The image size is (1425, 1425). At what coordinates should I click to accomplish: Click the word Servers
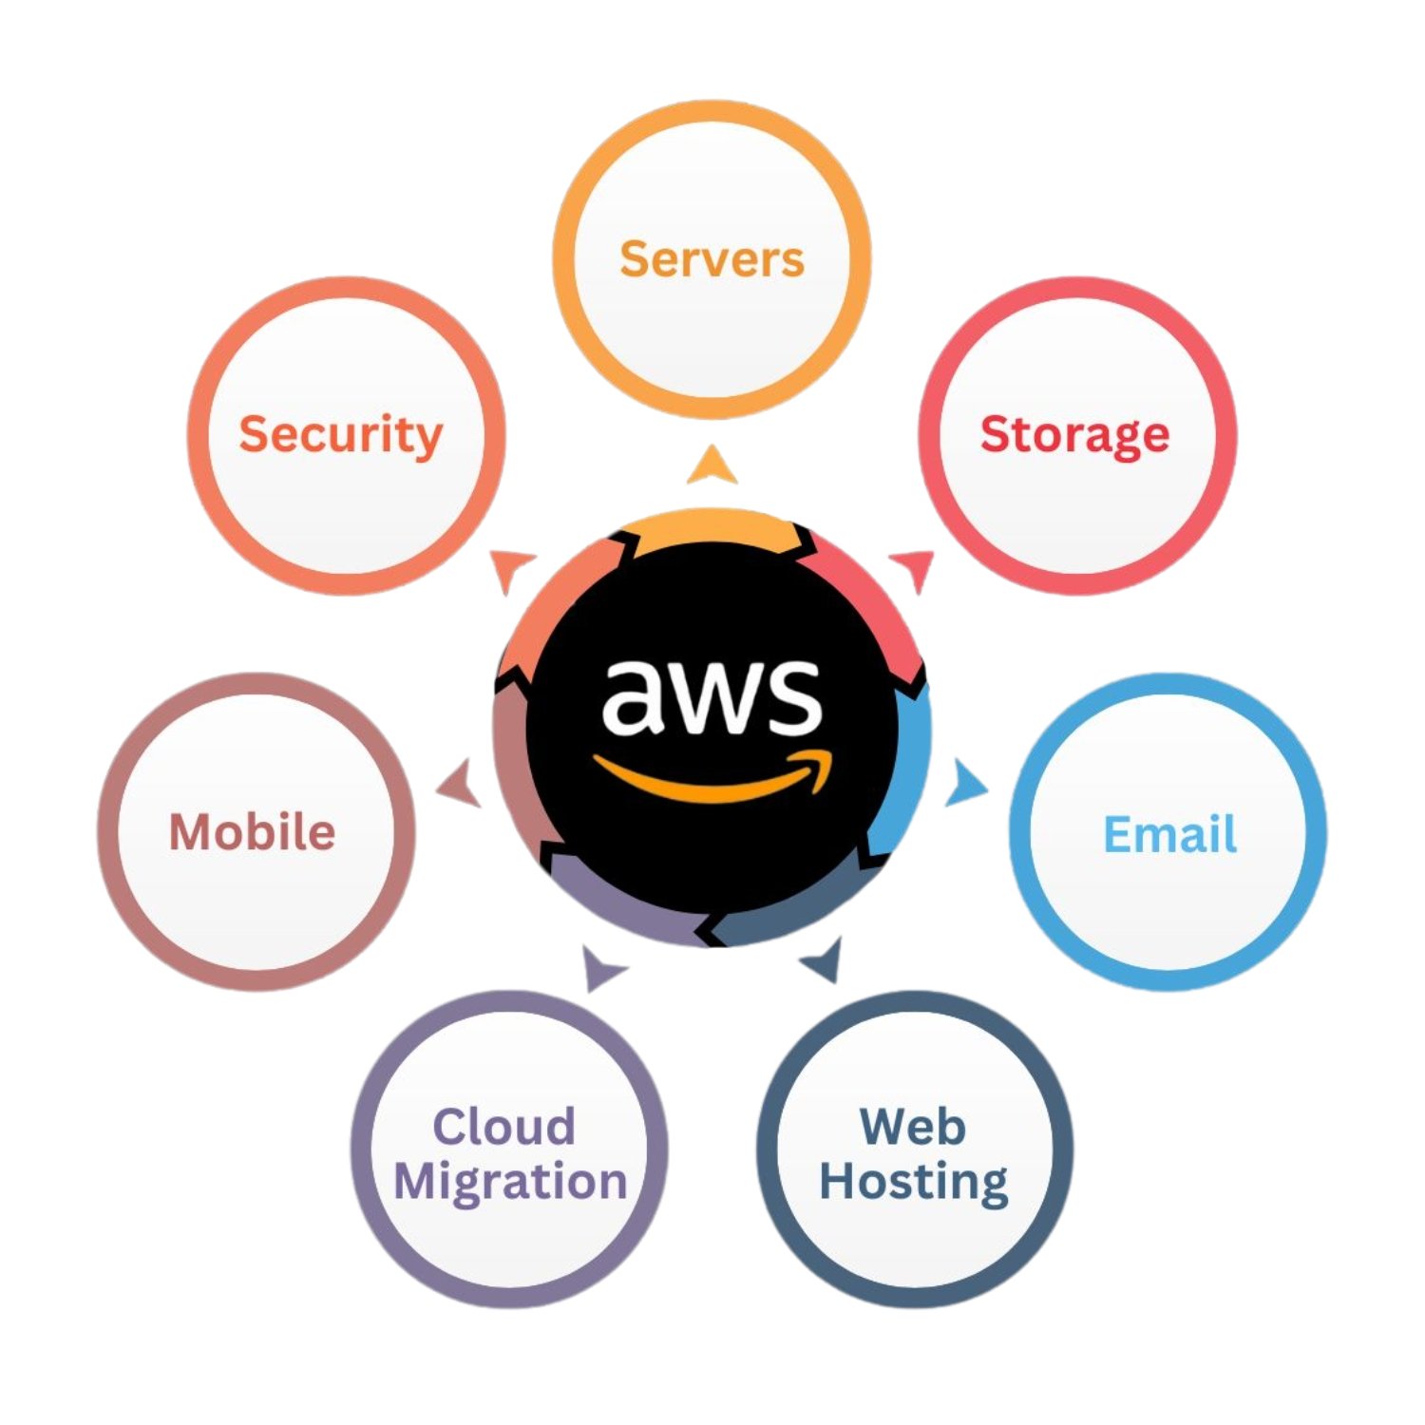click(712, 259)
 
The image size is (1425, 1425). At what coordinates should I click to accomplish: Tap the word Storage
click(1074, 435)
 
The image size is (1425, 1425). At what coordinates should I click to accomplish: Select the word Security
click(340, 435)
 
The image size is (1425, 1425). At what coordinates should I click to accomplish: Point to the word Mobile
click(252, 832)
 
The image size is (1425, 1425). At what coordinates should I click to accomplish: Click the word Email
click(1169, 835)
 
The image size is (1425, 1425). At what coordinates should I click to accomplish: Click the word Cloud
click(503, 1127)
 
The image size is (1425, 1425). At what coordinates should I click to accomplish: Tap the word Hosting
click(914, 1183)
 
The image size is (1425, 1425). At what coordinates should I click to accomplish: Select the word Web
click(913, 1127)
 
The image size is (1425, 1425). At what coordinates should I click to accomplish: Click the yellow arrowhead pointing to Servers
click(712, 465)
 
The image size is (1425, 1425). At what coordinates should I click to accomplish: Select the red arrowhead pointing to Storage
click(916, 567)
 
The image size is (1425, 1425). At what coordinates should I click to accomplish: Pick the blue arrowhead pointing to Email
click(966, 784)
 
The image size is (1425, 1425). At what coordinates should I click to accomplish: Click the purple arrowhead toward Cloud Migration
click(599, 967)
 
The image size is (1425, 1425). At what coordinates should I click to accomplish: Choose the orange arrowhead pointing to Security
click(510, 567)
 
